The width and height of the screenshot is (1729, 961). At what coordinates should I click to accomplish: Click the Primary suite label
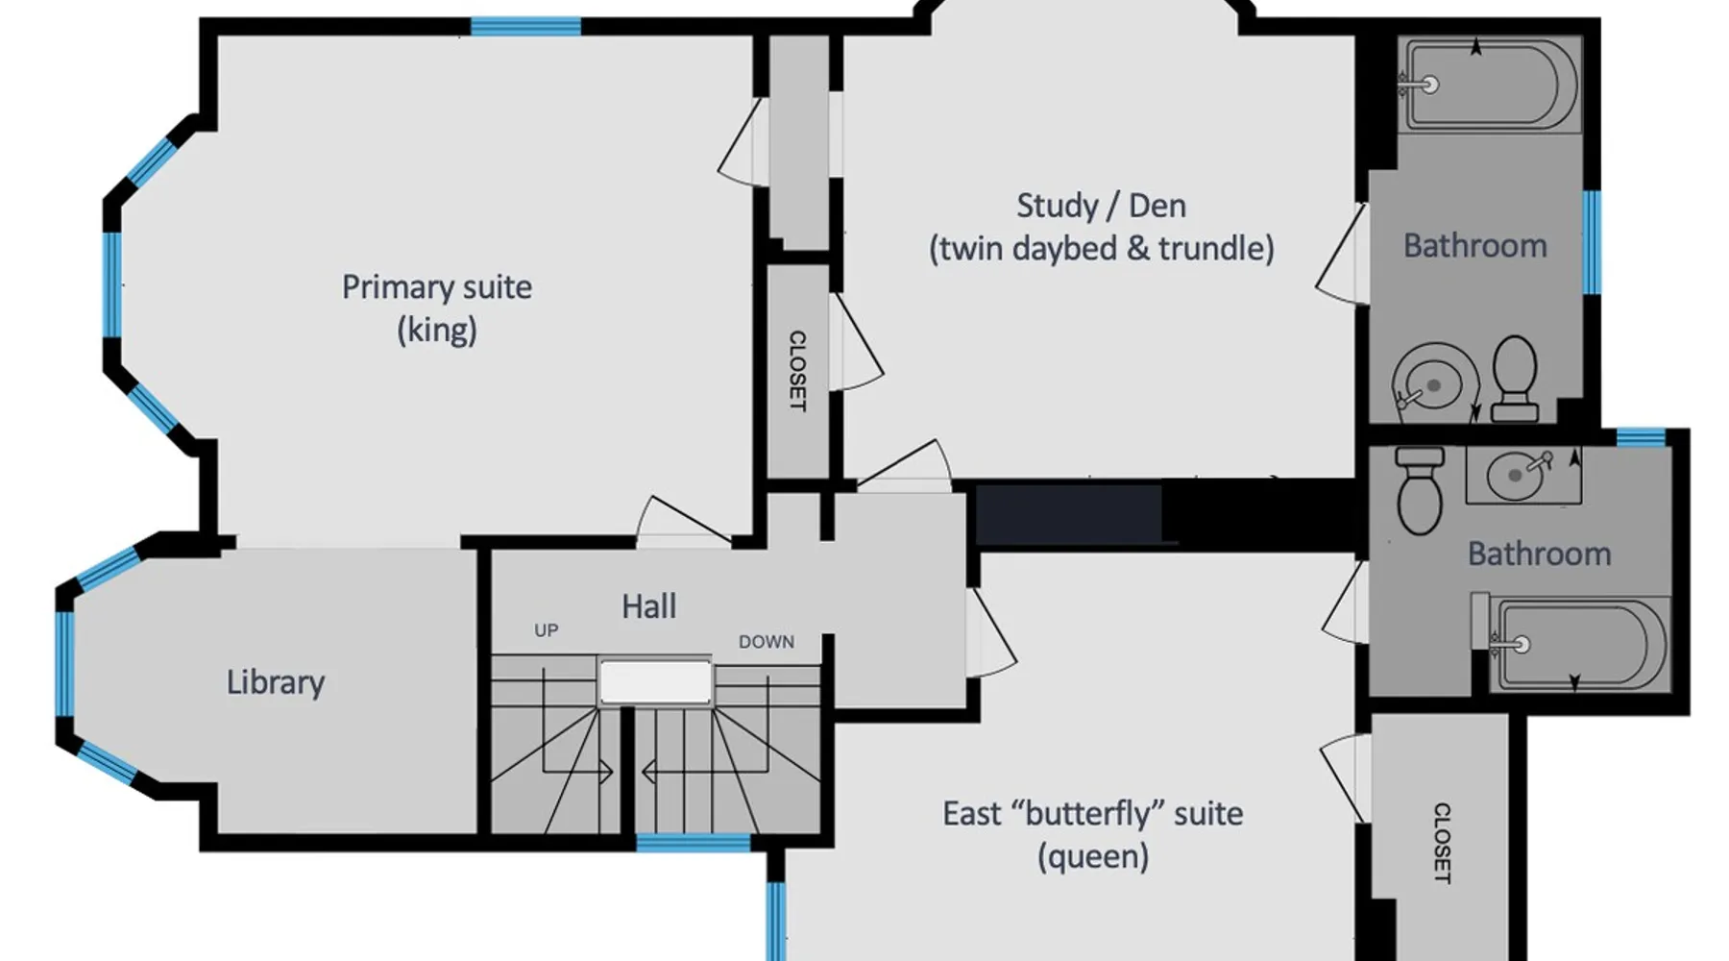437,287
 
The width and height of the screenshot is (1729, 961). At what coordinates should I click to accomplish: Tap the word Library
276,682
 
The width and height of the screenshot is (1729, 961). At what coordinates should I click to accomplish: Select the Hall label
649,606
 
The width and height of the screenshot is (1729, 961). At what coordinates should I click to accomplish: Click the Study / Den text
1101,206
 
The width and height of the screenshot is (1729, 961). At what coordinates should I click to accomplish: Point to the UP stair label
547,630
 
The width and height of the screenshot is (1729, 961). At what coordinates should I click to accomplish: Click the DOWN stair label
767,642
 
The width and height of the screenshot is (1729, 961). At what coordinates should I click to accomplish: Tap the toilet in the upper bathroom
1516,379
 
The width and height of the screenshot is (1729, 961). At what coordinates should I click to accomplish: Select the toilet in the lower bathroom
1420,490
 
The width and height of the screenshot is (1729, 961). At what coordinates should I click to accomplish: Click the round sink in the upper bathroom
1434,382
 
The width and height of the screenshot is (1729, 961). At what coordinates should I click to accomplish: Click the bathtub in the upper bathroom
1489,85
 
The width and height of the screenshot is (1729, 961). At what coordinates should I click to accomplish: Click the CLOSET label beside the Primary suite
797,371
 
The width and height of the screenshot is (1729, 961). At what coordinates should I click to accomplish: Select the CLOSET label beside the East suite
1442,843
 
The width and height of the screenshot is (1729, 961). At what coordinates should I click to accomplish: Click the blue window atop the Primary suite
525,27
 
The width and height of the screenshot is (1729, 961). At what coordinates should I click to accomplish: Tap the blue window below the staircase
694,844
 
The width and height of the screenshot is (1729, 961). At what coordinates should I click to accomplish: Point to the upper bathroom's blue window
1592,242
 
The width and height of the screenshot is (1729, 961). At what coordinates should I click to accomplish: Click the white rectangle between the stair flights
656,682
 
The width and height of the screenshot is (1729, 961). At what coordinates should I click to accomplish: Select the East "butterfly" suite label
1093,814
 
